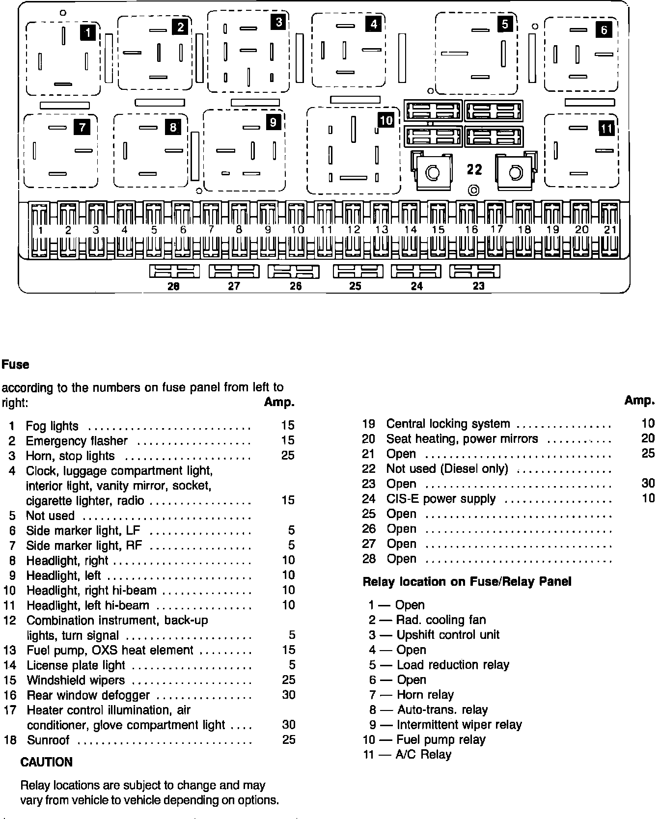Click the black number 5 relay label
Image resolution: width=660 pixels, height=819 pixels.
(x=505, y=24)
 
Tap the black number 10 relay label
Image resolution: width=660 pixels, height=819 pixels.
(x=386, y=120)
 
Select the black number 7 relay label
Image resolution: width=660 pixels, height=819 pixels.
(x=82, y=128)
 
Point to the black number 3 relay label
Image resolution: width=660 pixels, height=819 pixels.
(x=278, y=22)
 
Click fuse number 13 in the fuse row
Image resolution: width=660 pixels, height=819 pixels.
(x=381, y=230)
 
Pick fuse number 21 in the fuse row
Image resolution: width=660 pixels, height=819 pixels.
(x=609, y=230)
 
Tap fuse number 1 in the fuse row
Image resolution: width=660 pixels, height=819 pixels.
(x=39, y=230)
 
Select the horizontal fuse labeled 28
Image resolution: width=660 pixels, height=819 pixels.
(x=174, y=272)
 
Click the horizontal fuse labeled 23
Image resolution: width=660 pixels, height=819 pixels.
(x=475, y=272)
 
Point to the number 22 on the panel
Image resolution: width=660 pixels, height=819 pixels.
(x=474, y=169)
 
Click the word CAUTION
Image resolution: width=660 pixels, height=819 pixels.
(x=46, y=763)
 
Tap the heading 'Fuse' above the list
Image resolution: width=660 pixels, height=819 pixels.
(x=15, y=365)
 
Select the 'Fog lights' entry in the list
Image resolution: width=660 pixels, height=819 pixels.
(x=52, y=426)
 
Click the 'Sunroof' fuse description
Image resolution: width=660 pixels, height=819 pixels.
(x=48, y=740)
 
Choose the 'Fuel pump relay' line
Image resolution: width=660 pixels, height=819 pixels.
(x=440, y=740)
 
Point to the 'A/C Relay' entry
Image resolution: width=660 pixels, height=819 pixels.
(x=423, y=755)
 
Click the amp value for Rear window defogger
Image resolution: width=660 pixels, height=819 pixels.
(x=289, y=695)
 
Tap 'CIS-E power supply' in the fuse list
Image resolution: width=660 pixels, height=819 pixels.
(x=440, y=499)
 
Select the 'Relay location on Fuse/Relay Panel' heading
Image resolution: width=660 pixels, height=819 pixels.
(x=467, y=582)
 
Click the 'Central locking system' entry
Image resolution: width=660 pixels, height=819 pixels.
(x=448, y=424)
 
